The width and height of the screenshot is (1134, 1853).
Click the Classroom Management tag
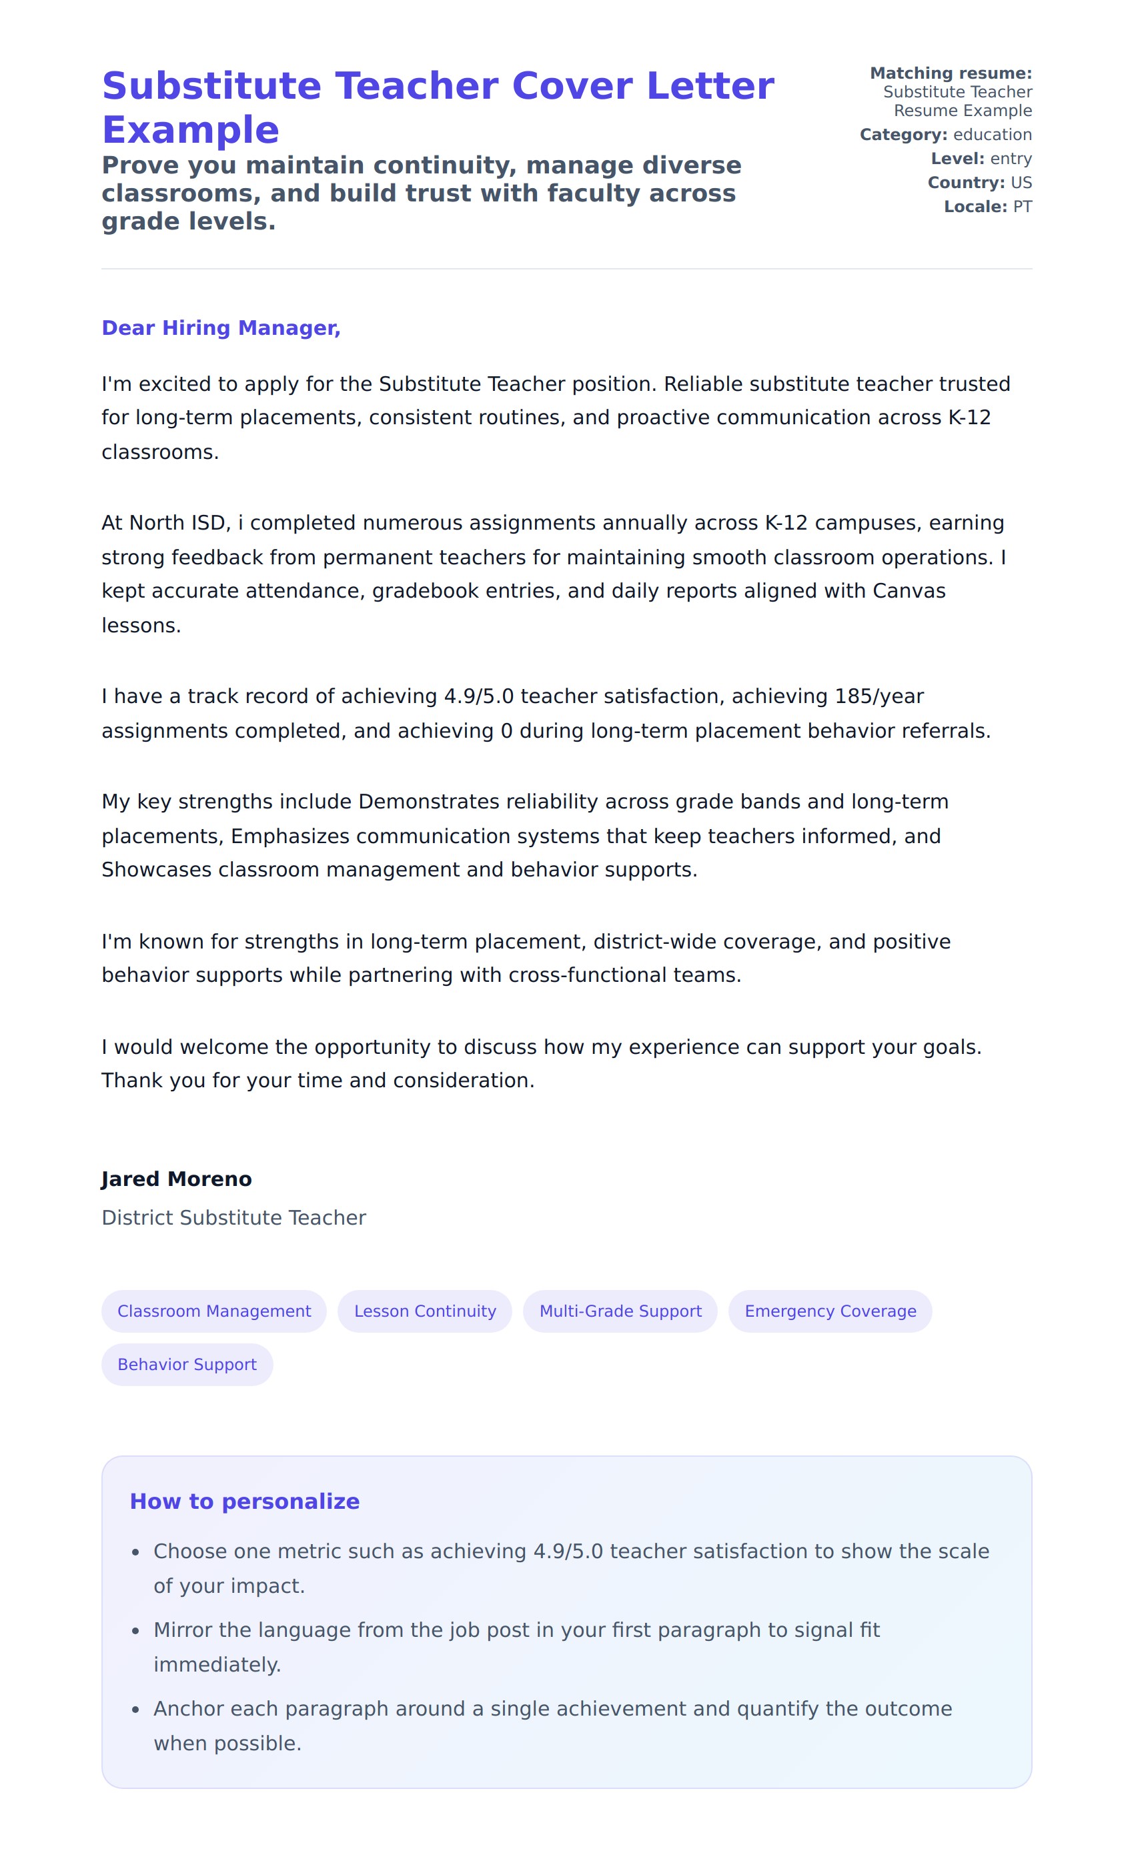213,1311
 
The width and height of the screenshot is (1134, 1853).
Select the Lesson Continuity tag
425,1311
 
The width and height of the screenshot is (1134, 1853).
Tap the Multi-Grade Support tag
620,1311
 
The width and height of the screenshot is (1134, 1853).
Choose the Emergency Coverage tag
830,1311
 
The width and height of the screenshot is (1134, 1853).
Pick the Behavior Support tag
187,1364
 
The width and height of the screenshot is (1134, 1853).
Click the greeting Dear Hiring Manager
221,328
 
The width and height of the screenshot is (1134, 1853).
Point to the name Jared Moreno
177,1179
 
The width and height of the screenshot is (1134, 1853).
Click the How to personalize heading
244,1501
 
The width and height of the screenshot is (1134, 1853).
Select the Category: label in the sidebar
903,135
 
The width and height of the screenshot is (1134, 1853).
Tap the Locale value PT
1022,207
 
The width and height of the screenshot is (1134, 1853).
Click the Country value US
1021,183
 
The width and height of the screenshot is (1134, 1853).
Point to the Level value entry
1011,159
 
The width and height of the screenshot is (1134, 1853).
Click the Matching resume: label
951,73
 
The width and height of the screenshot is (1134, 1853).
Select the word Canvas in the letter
909,591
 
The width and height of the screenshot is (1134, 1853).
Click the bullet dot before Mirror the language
135,1630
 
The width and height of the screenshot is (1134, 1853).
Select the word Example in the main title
190,130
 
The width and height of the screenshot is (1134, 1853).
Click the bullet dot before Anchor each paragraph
135,1710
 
